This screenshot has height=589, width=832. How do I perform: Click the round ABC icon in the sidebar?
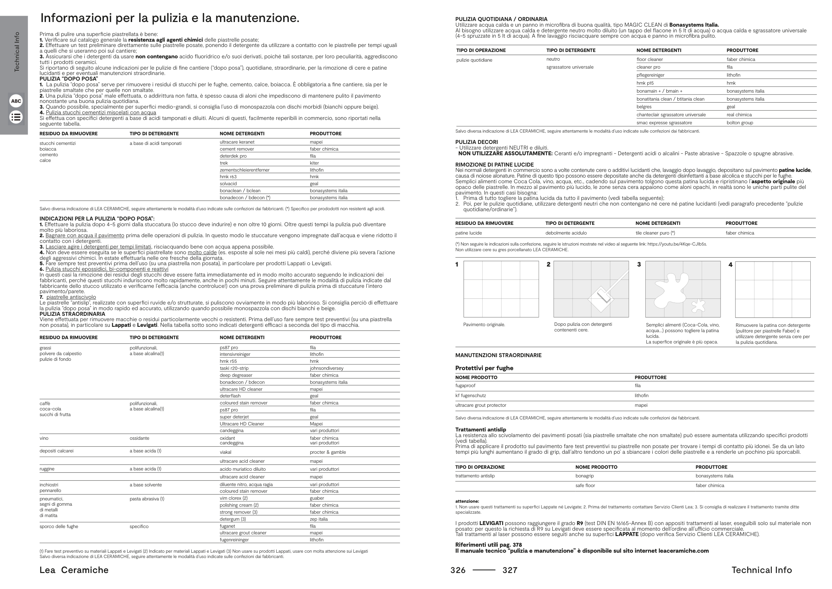(x=16, y=101)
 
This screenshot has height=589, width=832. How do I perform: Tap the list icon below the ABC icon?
(x=16, y=117)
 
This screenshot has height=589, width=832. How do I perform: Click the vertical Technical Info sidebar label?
(x=17, y=52)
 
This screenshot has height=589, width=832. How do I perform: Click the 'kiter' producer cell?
(x=314, y=163)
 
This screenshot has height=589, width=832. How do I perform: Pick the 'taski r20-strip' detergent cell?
(x=234, y=368)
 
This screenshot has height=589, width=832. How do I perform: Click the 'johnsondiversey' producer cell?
(x=326, y=368)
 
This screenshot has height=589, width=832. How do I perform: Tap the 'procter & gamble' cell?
(x=327, y=452)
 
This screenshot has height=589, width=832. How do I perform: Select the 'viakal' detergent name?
(x=225, y=452)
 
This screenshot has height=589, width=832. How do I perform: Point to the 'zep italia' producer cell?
(x=318, y=519)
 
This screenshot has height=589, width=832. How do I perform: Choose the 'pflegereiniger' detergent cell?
(x=650, y=75)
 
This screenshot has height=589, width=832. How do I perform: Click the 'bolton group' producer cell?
(x=739, y=123)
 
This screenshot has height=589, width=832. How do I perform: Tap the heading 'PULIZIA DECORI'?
(x=477, y=142)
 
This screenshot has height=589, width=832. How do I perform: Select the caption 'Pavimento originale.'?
(x=484, y=324)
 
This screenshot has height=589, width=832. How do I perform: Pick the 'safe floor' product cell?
(x=585, y=485)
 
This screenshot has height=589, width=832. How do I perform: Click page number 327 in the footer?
(x=510, y=570)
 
